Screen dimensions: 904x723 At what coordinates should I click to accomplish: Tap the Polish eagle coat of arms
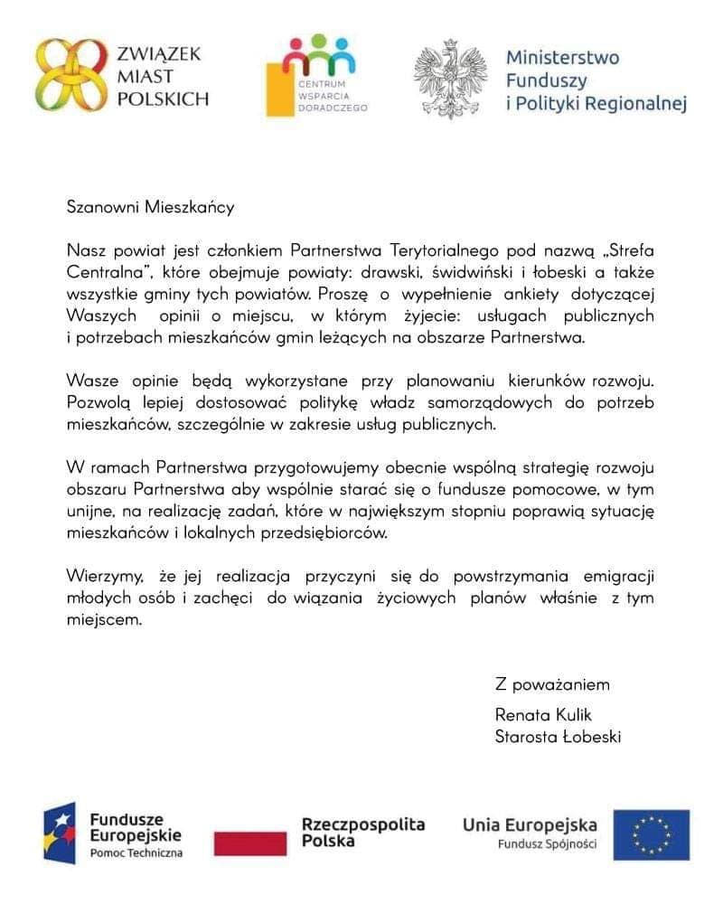(x=449, y=80)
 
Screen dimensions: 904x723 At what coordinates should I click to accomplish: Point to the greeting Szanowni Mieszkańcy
(x=150, y=207)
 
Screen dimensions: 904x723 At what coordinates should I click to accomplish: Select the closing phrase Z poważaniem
(x=552, y=684)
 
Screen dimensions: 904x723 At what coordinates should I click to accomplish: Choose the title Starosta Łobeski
(x=558, y=737)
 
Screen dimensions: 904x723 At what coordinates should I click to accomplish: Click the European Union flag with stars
(x=651, y=834)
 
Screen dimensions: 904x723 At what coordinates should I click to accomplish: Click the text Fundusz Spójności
(x=547, y=844)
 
